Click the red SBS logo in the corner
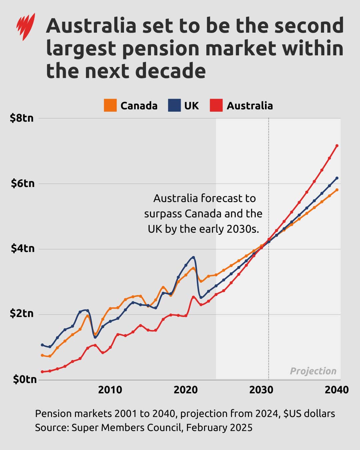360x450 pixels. tap(26, 27)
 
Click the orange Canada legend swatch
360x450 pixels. tap(110, 105)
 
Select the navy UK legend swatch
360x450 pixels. tap(174, 105)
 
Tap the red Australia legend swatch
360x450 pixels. tap(216, 105)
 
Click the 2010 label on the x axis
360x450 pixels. tap(110, 390)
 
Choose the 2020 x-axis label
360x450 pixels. tap(186, 390)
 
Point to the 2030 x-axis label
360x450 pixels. tap(261, 390)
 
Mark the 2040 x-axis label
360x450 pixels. tap(337, 390)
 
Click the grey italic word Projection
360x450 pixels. tap(313, 371)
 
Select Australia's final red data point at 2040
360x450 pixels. tap(337, 146)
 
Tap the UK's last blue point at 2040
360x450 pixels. tap(337, 178)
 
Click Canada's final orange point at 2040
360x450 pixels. tap(337, 190)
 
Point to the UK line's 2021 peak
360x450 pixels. tap(193, 257)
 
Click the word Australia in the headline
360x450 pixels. tap(91, 26)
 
